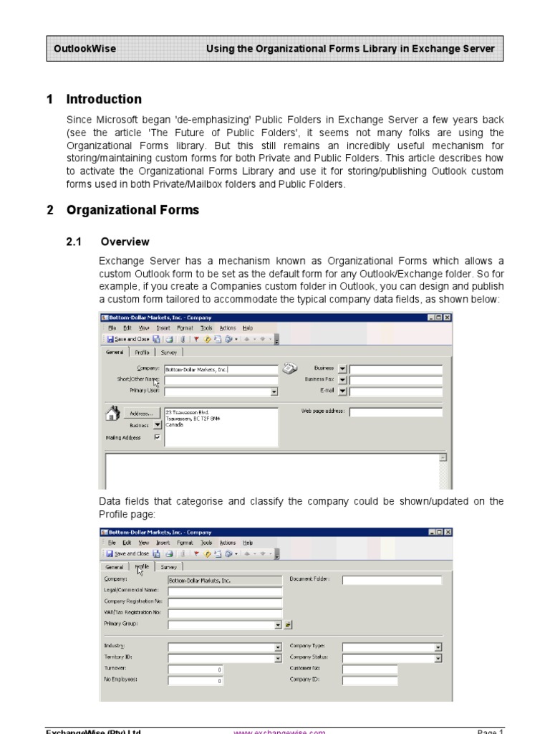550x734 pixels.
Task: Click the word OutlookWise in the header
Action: coord(85,49)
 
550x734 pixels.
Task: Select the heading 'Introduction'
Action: coord(104,99)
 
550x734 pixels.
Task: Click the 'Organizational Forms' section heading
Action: coord(132,210)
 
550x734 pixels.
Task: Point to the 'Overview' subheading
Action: coord(125,242)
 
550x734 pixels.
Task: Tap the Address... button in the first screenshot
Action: coord(141,414)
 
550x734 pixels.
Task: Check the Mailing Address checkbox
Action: coord(157,437)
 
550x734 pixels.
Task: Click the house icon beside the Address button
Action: coord(112,413)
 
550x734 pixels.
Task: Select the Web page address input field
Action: coord(395,412)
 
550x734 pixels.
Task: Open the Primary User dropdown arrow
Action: coord(274,392)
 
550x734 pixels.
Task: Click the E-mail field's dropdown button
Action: coord(342,391)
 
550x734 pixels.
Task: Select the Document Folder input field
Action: coord(392,581)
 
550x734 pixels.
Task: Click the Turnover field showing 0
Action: coord(196,669)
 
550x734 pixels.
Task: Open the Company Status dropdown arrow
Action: coord(438,658)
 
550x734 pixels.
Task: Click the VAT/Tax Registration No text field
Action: coord(225,613)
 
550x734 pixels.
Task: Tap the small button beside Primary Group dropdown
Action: coord(288,624)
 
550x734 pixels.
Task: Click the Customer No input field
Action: coord(369,669)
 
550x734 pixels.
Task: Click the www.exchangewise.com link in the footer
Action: coord(280,730)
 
